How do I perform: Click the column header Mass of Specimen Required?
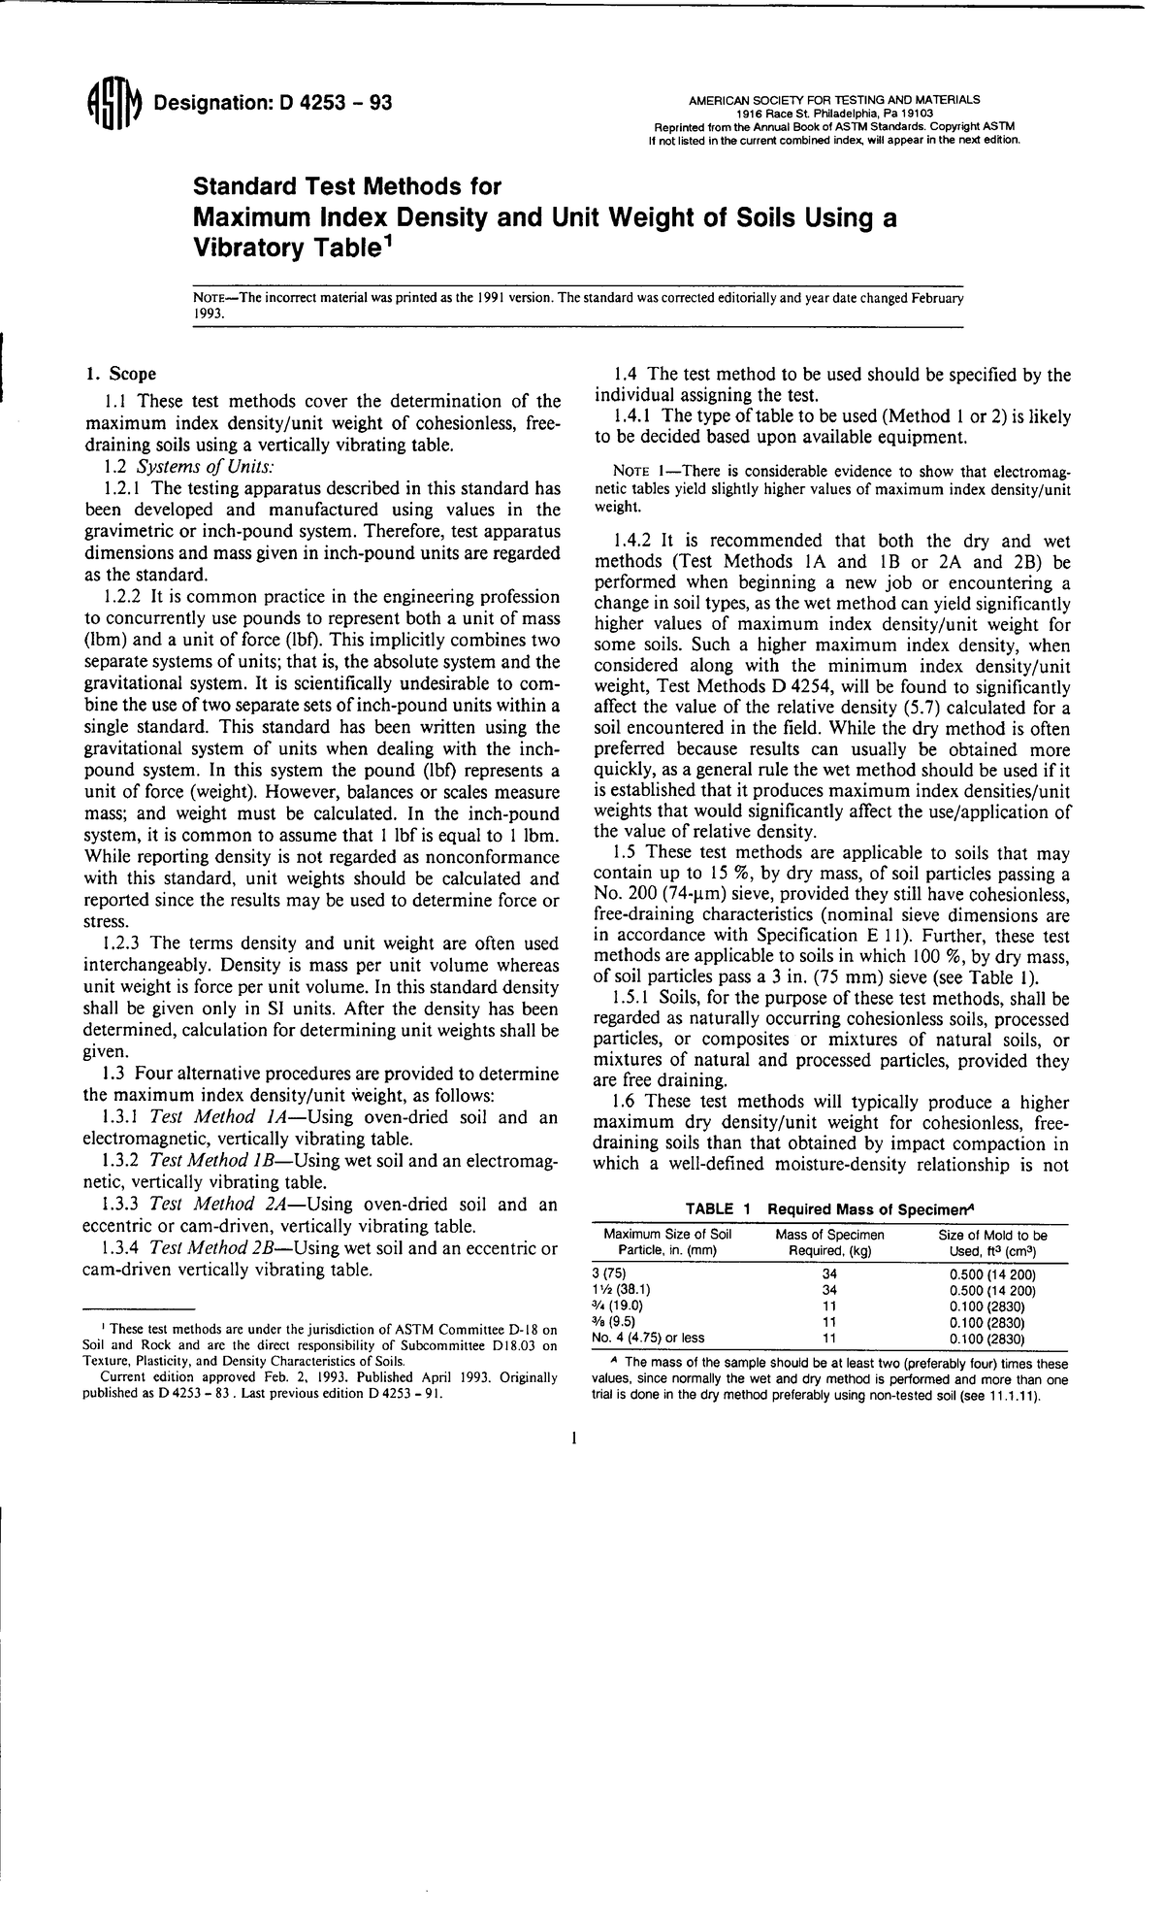click(830, 1242)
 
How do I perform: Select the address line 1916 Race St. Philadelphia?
click(833, 113)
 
